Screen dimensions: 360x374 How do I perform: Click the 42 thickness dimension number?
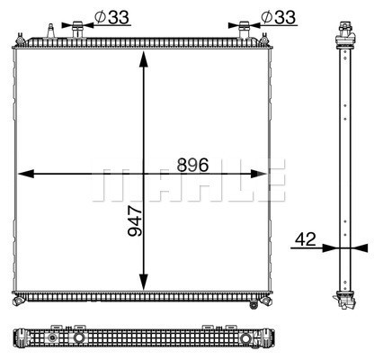[306, 238]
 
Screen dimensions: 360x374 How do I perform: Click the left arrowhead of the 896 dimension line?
[23, 174]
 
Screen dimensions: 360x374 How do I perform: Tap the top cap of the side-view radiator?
[343, 34]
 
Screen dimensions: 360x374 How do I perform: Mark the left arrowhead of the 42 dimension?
[334, 247]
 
